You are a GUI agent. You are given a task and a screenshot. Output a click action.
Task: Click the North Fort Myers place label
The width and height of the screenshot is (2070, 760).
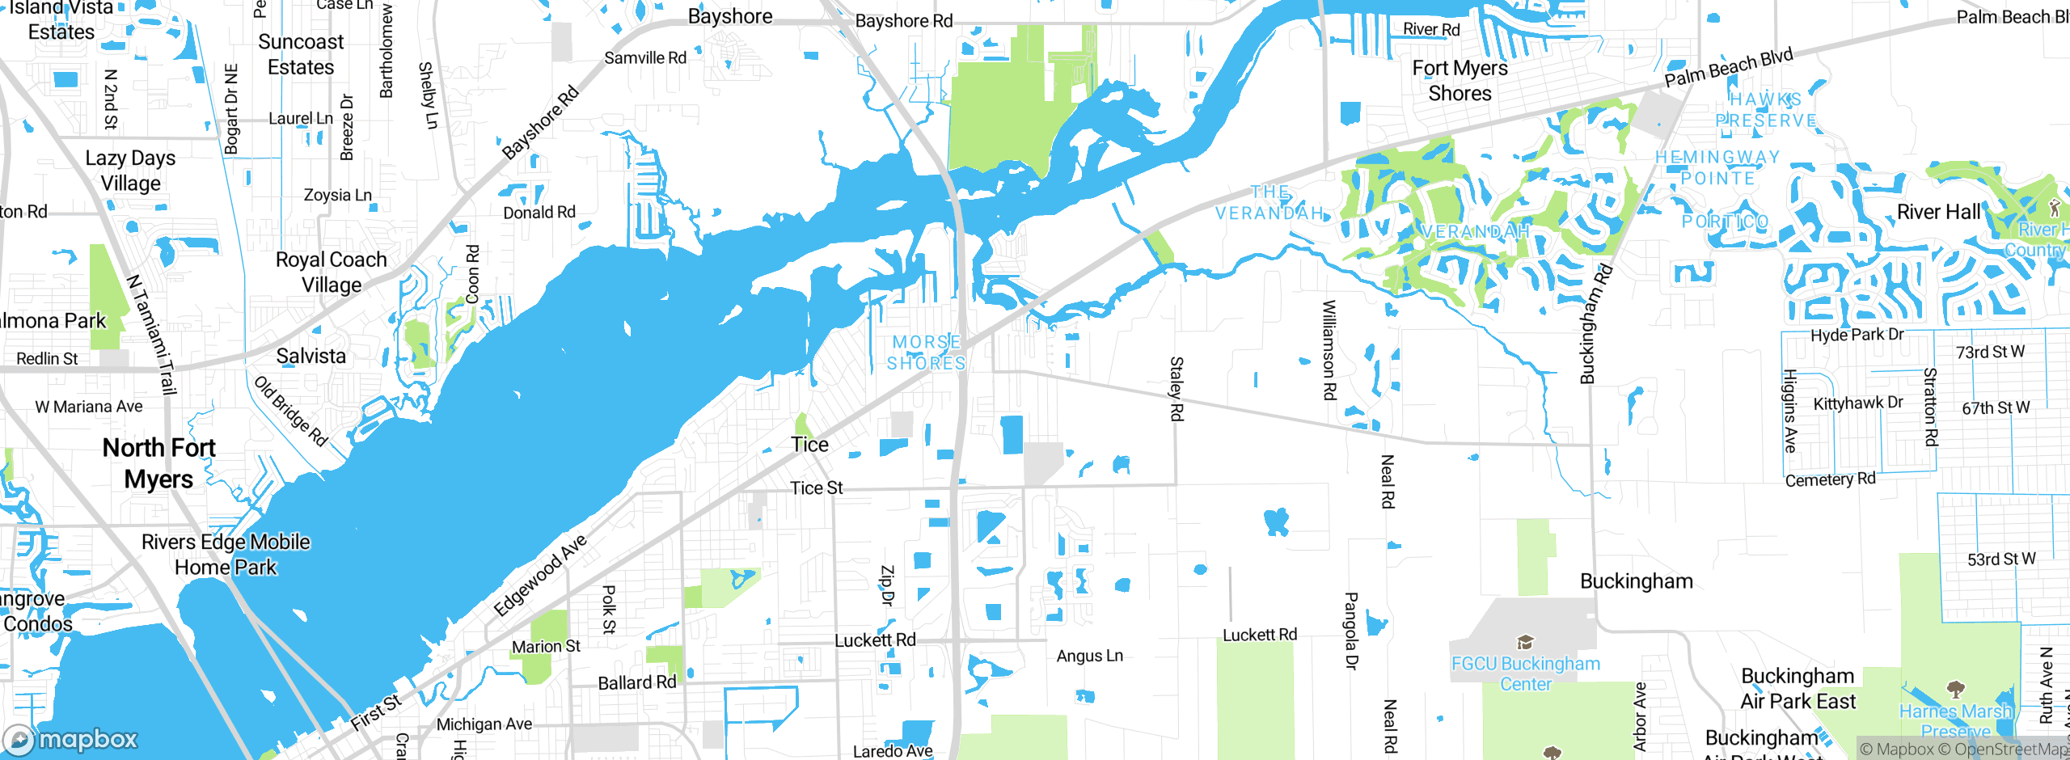(159, 462)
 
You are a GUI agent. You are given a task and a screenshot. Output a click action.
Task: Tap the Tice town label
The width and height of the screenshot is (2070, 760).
(809, 444)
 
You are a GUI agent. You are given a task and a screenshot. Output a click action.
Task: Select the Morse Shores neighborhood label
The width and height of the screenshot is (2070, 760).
(927, 353)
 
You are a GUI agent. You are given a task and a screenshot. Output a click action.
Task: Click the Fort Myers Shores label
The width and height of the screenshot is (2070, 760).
(1460, 80)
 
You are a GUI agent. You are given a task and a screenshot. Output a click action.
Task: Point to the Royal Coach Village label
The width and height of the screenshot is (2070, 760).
(331, 272)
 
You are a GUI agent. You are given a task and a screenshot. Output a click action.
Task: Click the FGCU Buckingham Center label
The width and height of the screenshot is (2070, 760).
(1525, 673)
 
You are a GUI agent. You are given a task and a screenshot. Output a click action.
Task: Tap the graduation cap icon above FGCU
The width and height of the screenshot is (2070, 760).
(1525, 643)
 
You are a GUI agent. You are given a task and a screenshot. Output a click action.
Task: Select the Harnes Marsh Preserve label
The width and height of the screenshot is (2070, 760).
(1955, 720)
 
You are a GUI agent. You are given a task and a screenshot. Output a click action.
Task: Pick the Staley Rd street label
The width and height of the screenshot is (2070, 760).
(1177, 388)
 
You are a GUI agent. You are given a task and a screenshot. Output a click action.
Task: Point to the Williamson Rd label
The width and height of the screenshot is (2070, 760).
(1329, 349)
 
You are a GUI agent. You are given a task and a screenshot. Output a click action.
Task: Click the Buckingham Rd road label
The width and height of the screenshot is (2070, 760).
(1595, 323)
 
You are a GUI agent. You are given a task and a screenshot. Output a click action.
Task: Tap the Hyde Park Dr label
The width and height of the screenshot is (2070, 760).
(1857, 335)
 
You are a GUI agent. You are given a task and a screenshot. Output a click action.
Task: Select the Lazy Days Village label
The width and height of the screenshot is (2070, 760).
(130, 170)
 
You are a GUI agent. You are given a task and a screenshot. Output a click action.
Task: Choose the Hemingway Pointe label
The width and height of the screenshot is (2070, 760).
(1717, 167)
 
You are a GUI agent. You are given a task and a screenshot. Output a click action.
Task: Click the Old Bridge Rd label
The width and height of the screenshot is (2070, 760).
(291, 411)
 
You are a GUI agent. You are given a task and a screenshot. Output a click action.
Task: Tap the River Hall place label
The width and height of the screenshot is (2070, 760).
(1938, 212)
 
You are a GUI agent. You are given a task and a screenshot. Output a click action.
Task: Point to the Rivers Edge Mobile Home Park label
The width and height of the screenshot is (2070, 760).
(226, 554)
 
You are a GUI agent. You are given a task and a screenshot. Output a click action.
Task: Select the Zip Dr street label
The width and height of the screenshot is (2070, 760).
(887, 585)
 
